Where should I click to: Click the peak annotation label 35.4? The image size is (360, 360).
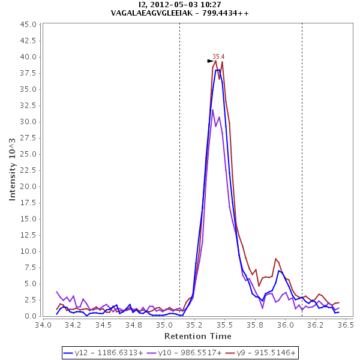point(218,56)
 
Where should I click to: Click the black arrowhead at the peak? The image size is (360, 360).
point(211,61)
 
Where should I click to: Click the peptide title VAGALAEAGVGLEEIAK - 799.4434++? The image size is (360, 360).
point(180,13)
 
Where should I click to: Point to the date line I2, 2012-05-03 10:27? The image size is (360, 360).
point(180,4)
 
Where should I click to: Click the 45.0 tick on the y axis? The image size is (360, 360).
point(29,25)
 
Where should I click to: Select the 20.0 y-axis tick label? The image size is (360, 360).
point(29,187)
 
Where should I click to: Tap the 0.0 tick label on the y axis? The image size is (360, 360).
point(31,316)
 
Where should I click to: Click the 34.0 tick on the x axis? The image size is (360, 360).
point(43,325)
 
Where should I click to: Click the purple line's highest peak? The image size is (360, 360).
point(212,110)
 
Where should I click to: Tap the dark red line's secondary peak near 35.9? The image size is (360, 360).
point(275,259)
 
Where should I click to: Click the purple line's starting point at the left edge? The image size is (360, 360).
point(57,292)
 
